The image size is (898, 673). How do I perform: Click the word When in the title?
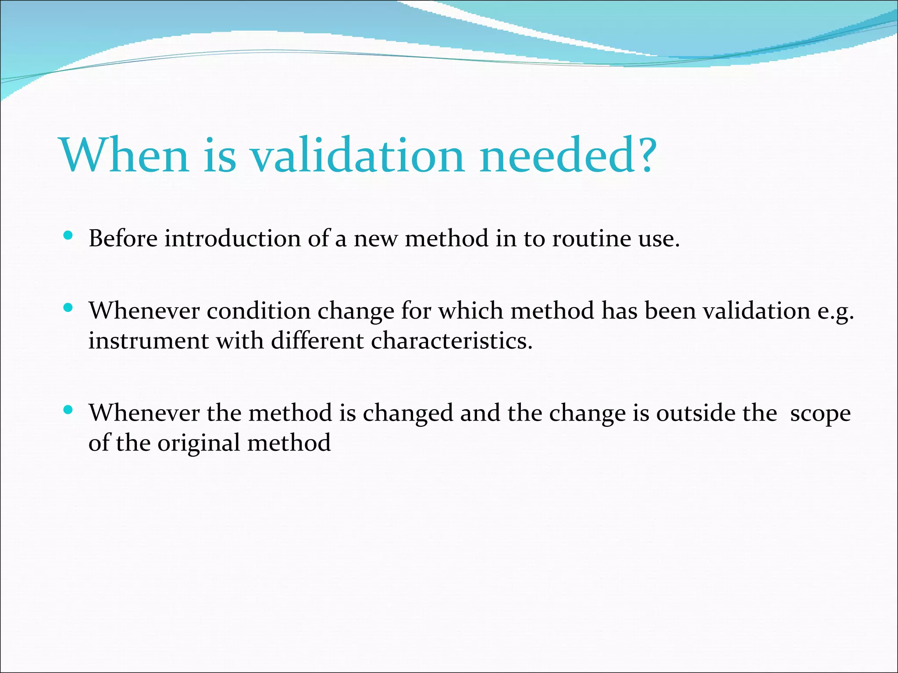125,156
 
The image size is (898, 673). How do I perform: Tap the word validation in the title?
357,156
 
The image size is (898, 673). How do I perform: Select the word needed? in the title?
568,156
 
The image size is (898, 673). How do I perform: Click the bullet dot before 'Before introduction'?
68,236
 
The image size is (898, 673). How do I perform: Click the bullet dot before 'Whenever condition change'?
68,308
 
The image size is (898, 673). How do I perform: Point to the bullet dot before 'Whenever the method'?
68,410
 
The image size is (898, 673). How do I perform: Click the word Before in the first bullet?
123,239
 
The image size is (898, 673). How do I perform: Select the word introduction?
233,239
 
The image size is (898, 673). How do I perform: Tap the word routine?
592,239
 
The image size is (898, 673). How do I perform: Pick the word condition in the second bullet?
258,311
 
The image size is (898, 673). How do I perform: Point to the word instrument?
148,340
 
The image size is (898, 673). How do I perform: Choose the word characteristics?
451,340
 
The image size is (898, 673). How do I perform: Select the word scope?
820,414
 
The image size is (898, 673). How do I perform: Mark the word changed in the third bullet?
408,413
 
